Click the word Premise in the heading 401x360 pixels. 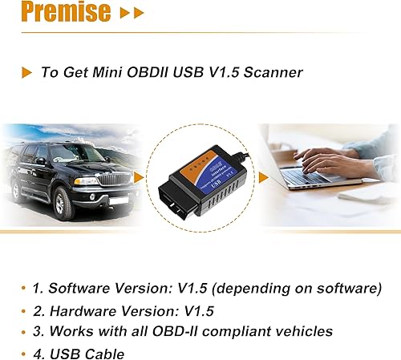55,13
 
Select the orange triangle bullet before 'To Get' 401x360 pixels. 26,72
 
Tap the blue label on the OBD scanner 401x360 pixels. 209,160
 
